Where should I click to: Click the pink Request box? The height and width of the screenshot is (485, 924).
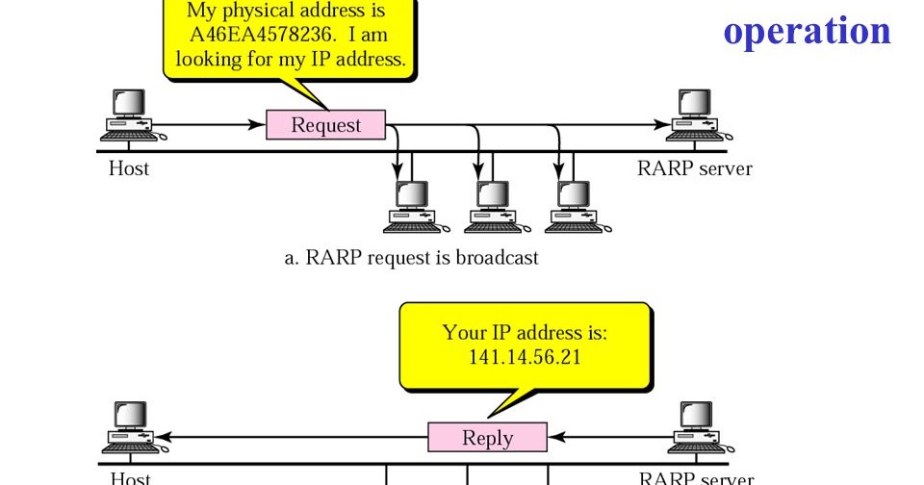(325, 125)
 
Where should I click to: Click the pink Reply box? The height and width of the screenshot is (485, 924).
(487, 438)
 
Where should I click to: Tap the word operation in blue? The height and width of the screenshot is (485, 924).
(807, 31)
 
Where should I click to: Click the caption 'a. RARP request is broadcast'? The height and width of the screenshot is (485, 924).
(411, 258)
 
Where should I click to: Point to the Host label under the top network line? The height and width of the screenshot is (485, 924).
(129, 169)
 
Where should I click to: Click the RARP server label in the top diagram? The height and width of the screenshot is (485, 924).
(694, 169)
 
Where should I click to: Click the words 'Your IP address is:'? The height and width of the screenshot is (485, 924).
(525, 332)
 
